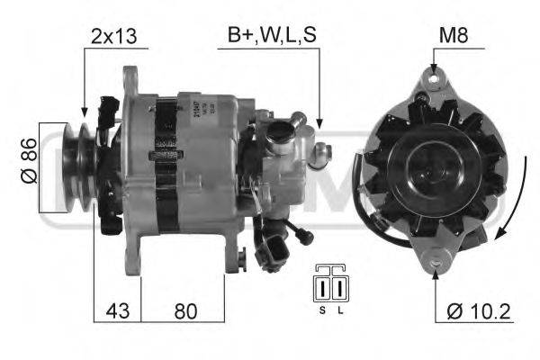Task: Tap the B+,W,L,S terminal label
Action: point(271,36)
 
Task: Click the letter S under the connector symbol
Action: point(320,310)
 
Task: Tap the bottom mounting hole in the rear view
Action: point(435,257)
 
